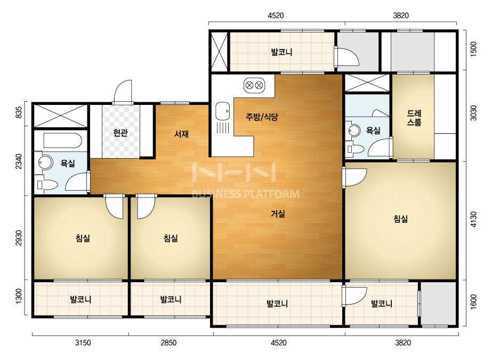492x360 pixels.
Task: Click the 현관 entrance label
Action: tap(120, 133)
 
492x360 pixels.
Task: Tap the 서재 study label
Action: tap(181, 134)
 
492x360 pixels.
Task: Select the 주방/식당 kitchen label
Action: tap(262, 117)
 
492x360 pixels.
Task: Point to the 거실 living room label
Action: tap(278, 214)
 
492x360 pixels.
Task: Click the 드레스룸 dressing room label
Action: tap(414, 118)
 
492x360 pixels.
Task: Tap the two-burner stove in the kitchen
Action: tap(254, 85)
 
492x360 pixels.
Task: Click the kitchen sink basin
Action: tap(222, 111)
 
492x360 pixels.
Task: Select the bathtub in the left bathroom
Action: tap(62, 141)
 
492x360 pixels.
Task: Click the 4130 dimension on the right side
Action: tap(473, 219)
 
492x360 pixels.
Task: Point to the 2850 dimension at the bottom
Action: tap(168, 343)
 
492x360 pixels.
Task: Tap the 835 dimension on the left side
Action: tap(19, 112)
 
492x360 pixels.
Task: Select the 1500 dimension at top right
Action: tap(473, 49)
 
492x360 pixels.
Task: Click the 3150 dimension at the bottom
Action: tap(83, 343)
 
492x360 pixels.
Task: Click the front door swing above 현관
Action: tap(123, 91)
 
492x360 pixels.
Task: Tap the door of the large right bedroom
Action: tap(354, 177)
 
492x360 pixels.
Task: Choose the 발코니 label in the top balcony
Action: tap(281, 52)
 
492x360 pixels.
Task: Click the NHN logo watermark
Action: tap(234, 172)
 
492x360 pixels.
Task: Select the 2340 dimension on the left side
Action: tap(19, 161)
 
